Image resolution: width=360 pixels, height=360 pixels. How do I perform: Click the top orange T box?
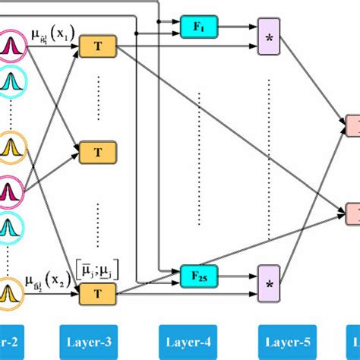[99, 46]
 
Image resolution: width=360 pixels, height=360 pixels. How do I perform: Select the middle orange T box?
[99, 153]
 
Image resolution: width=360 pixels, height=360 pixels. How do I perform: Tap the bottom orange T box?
[99, 290]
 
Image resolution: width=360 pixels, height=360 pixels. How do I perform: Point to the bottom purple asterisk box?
[270, 284]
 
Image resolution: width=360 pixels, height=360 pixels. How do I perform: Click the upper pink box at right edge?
[354, 125]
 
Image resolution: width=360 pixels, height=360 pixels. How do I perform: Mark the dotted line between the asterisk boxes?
[270, 159]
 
